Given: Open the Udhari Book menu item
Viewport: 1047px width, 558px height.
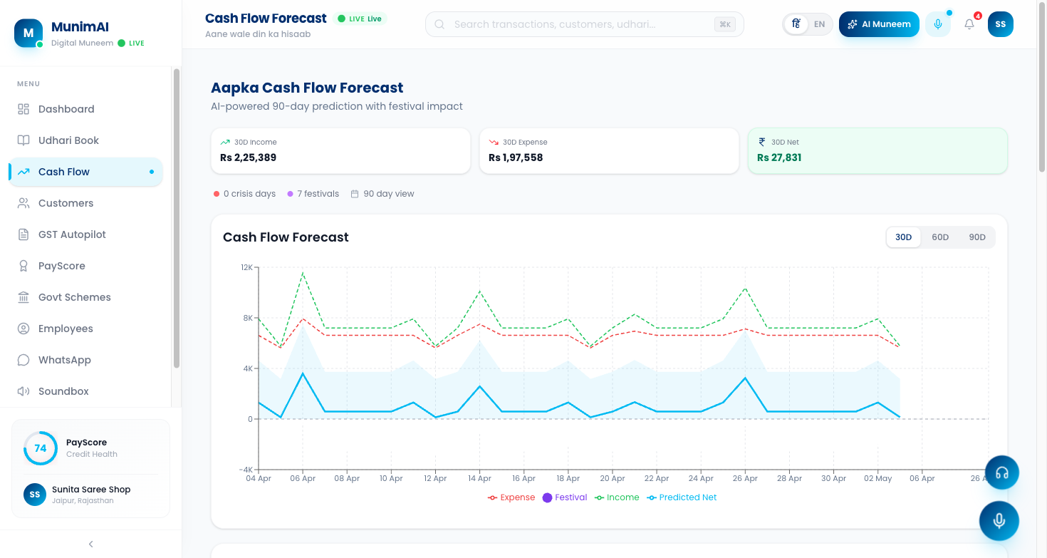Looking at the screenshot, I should (68, 140).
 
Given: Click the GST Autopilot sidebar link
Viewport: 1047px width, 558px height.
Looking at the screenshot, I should (72, 234).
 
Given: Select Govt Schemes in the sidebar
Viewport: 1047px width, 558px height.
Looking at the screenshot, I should (74, 297).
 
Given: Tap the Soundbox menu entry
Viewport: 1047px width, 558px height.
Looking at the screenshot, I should (63, 391).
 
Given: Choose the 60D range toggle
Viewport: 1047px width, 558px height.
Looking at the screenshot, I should (940, 237).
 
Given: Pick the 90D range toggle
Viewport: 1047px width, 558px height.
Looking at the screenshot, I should (977, 237).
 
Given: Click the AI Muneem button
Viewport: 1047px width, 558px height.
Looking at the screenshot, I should (879, 24).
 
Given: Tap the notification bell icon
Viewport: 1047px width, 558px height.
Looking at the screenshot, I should (969, 24).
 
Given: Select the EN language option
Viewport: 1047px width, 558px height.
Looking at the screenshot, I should (820, 24).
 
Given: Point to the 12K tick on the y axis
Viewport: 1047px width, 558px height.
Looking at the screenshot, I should (246, 267).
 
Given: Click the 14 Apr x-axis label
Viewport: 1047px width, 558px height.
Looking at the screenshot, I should (479, 478).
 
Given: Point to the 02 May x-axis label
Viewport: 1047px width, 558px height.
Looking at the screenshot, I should (877, 478).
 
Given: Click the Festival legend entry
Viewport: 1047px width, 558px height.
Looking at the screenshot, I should (565, 497).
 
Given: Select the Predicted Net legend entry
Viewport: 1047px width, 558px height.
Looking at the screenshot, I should (682, 497).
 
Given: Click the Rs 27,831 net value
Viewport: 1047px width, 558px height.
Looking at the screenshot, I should (779, 157).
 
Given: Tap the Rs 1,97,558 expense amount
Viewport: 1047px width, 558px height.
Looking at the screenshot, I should (516, 157).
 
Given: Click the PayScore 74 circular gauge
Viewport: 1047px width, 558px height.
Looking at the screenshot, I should (41, 448).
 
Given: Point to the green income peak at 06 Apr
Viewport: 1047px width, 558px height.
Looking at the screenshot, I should (303, 273).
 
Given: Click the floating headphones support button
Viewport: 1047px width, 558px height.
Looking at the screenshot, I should (1001, 472).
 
